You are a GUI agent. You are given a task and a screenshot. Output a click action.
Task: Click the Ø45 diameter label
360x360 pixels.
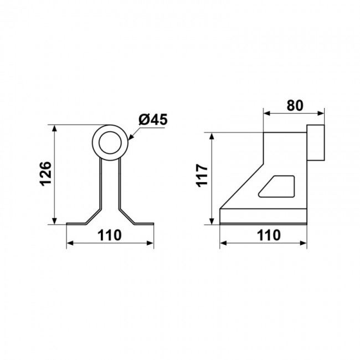(x=153, y=120)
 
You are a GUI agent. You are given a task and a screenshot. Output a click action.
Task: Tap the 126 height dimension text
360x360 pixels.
(x=45, y=174)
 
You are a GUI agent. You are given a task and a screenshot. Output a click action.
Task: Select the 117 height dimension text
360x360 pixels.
(x=202, y=176)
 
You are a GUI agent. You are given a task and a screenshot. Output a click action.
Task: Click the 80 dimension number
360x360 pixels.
(x=295, y=105)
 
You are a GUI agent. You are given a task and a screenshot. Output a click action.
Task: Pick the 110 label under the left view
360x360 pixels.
(x=109, y=235)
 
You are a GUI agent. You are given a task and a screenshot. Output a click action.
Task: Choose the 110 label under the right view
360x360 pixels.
(x=269, y=235)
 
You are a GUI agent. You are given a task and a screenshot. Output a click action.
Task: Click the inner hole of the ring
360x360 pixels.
(x=110, y=142)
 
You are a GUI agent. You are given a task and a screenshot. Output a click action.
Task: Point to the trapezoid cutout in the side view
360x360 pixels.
(x=277, y=186)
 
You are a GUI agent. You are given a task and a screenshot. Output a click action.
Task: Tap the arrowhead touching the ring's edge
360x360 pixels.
(x=130, y=137)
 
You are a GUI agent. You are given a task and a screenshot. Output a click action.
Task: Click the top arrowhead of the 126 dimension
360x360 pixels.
(x=54, y=128)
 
